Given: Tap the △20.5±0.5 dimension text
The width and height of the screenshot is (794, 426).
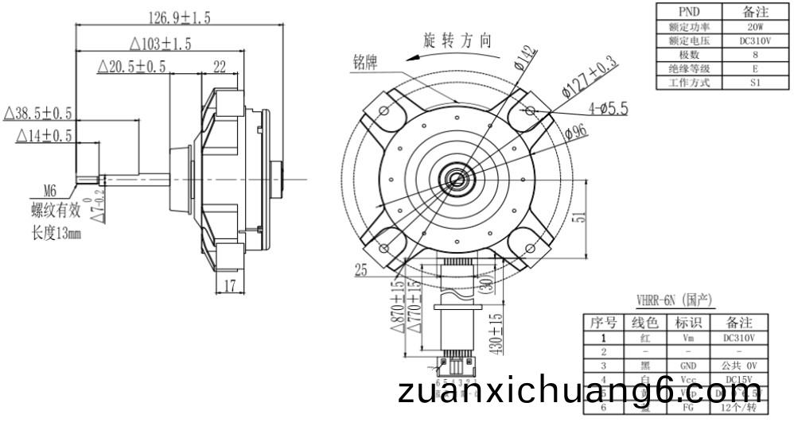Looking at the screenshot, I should pos(132,67).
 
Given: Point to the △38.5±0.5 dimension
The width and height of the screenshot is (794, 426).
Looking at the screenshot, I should pos(38,114).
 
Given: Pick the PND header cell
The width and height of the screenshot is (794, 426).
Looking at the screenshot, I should pos(688,12).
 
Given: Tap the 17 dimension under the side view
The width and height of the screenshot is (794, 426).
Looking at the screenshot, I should pos(229,285).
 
